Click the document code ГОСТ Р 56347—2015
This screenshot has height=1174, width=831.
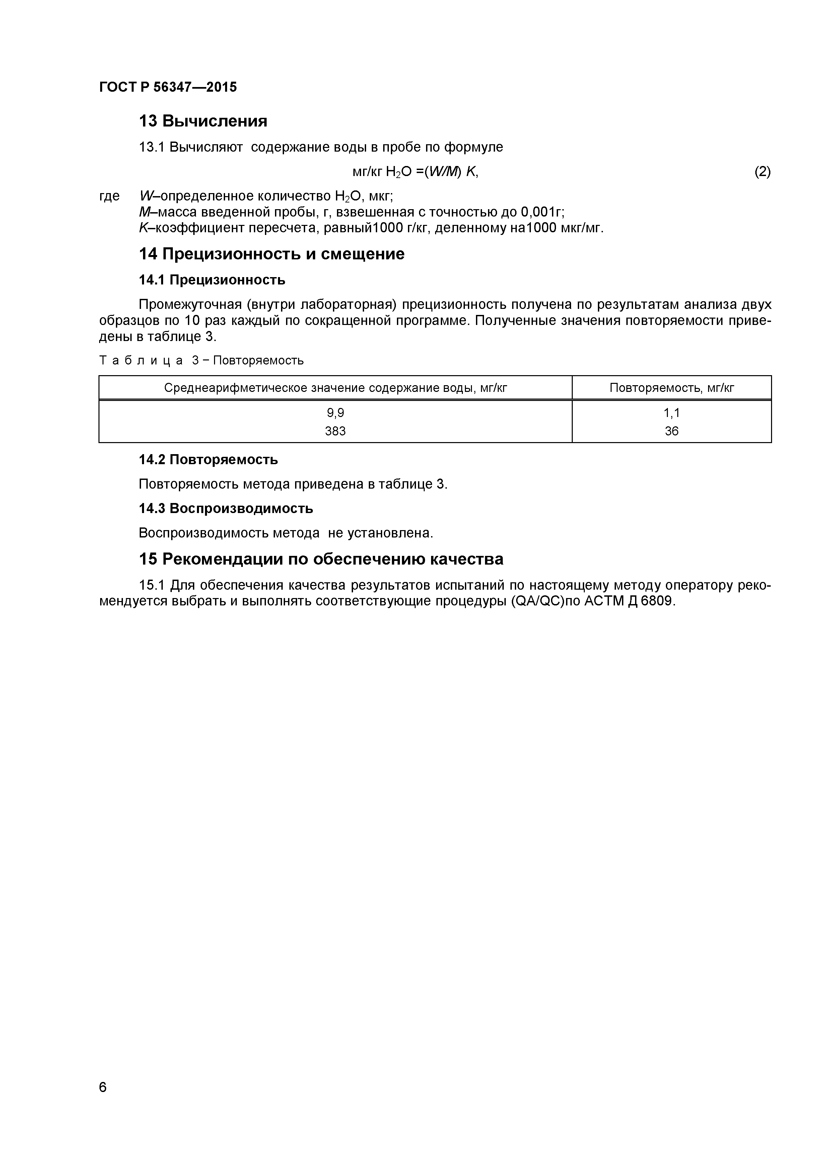(168, 87)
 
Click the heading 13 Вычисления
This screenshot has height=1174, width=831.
(203, 121)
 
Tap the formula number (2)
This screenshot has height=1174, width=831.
(762, 172)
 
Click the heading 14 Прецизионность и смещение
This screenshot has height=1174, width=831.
(272, 254)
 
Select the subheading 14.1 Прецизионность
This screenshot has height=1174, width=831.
(212, 280)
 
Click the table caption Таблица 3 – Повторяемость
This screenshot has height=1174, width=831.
(201, 360)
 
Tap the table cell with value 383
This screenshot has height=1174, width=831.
(335, 431)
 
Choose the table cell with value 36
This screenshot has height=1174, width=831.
(671, 431)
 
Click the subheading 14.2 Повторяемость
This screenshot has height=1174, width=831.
(208, 460)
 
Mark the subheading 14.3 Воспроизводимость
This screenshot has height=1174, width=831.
(226, 509)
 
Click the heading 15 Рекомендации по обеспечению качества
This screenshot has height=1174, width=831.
(321, 559)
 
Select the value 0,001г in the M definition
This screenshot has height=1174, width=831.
(542, 212)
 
